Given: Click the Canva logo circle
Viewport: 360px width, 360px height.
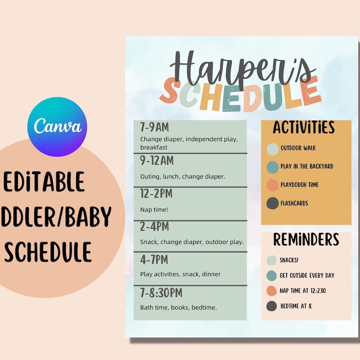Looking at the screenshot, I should click(x=57, y=126).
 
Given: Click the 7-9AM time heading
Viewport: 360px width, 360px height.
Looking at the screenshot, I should click(x=155, y=128).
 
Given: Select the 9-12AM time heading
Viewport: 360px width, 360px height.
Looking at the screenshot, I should click(x=157, y=160).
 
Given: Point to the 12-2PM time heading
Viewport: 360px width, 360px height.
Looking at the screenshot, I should click(x=157, y=194).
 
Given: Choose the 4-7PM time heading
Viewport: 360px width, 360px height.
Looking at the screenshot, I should click(x=154, y=260).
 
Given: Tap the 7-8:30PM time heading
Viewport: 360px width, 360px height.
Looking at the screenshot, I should click(x=162, y=293).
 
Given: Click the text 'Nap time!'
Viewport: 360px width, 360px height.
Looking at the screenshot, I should click(x=154, y=210).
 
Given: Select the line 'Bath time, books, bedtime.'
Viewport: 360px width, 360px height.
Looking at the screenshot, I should click(x=179, y=308).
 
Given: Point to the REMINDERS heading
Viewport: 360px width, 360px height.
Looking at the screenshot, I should click(x=306, y=240).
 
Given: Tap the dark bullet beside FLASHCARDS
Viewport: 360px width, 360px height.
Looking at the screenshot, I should click(x=273, y=203).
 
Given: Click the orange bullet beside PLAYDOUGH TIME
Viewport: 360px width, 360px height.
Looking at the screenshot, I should click(x=273, y=185).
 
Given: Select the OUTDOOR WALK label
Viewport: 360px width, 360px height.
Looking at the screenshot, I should click(x=298, y=148).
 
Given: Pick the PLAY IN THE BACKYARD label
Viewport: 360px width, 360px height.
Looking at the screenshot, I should click(x=307, y=166).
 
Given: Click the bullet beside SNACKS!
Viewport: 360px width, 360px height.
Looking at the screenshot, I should click(x=272, y=261).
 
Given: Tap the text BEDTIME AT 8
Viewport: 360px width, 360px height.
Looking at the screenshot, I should click(x=296, y=306).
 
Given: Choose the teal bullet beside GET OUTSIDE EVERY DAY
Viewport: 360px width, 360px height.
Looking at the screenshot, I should click(x=272, y=276).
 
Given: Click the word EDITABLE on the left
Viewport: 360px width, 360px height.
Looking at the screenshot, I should click(x=44, y=182).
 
